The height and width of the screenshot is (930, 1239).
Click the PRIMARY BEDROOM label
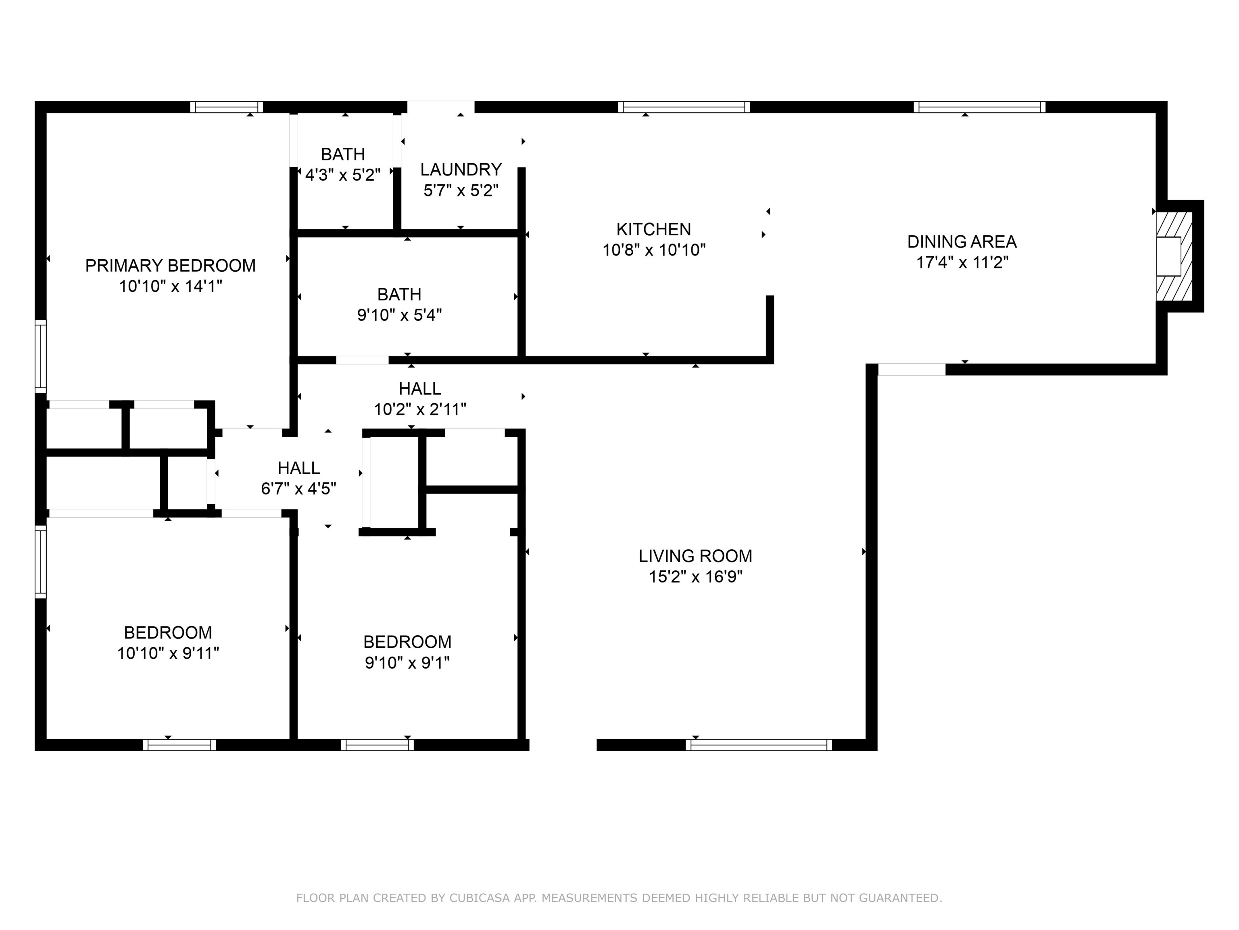[x=170, y=265]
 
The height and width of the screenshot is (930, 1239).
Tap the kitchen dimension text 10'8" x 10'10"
[x=654, y=250]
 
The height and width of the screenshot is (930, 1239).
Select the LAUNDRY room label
[x=461, y=169]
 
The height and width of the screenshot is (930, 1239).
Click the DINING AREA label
[x=962, y=242]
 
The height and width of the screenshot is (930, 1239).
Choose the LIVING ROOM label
[x=695, y=556]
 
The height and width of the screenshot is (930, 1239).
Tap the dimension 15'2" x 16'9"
[x=695, y=577]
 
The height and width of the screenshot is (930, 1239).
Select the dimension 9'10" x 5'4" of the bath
[x=399, y=315]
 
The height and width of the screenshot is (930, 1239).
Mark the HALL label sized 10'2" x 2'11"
[x=419, y=388]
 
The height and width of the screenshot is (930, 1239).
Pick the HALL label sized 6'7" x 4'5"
[x=298, y=468]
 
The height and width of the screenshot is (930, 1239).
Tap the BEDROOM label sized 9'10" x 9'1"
[x=407, y=642]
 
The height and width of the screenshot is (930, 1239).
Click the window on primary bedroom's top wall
[x=226, y=107]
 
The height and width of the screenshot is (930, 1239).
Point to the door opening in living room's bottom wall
[x=563, y=745]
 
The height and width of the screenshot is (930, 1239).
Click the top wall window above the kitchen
[x=684, y=107]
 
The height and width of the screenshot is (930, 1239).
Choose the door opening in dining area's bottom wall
[x=912, y=369]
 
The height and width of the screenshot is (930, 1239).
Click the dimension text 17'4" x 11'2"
[x=962, y=262]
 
